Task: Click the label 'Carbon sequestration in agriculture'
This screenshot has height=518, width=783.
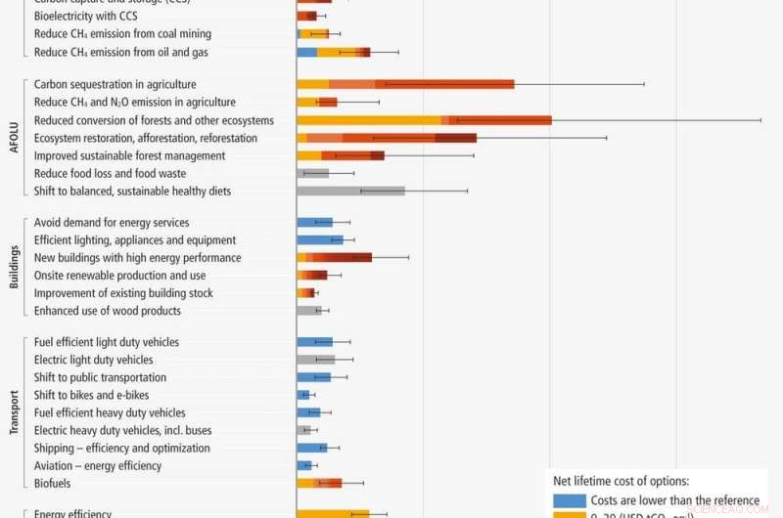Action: [x=115, y=85]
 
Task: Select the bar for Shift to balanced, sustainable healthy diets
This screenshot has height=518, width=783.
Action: [x=350, y=192]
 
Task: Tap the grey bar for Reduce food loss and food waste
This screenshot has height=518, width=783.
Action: [x=313, y=174]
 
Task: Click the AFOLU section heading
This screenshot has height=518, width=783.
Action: [x=14, y=138]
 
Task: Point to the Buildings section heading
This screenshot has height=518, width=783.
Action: [x=14, y=267]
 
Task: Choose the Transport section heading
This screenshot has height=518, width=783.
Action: [x=14, y=412]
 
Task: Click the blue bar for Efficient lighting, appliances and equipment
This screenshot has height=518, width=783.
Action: [x=320, y=240]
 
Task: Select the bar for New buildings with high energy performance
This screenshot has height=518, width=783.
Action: [x=335, y=258]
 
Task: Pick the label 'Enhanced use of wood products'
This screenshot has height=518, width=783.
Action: [x=108, y=311]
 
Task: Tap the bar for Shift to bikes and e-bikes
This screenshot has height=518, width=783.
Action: [x=303, y=395]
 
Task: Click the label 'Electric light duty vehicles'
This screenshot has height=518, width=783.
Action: [x=94, y=360]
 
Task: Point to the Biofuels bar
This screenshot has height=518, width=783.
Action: [x=319, y=483]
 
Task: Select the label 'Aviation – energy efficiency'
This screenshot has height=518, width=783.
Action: [x=98, y=465]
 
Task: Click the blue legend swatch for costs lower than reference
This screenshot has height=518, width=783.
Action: [x=569, y=500]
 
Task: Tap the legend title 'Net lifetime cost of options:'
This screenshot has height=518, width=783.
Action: [x=621, y=481]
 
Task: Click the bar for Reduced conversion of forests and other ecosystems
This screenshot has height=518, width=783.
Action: [x=424, y=120]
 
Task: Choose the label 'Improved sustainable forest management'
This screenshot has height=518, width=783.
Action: [x=129, y=155]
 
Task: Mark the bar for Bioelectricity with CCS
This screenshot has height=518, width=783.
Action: [x=305, y=17]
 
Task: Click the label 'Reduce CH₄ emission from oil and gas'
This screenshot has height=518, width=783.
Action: [x=120, y=52]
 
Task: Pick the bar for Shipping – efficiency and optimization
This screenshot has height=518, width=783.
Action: [x=312, y=448]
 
